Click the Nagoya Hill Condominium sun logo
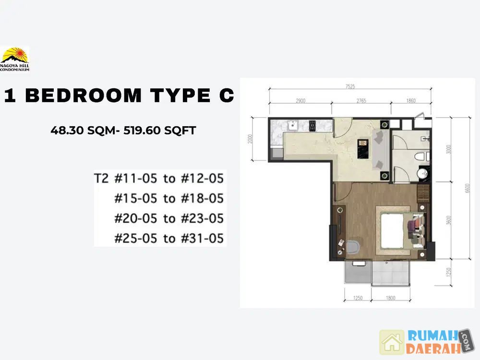click(x=15, y=59)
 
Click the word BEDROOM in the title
click(x=83, y=95)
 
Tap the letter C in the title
click(x=227, y=95)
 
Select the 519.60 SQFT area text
click(x=159, y=131)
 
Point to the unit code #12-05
click(x=203, y=178)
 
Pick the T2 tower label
click(x=101, y=178)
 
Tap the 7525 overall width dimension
click(x=350, y=86)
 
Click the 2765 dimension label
click(x=361, y=101)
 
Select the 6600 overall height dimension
click(x=467, y=188)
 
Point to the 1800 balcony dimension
click(x=391, y=298)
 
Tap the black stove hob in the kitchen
click(x=312, y=126)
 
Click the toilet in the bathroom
click(x=422, y=157)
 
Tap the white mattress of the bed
click(x=392, y=231)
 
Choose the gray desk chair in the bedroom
click(x=353, y=246)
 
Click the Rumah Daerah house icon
click(x=392, y=342)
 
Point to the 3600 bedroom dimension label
click(x=449, y=220)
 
